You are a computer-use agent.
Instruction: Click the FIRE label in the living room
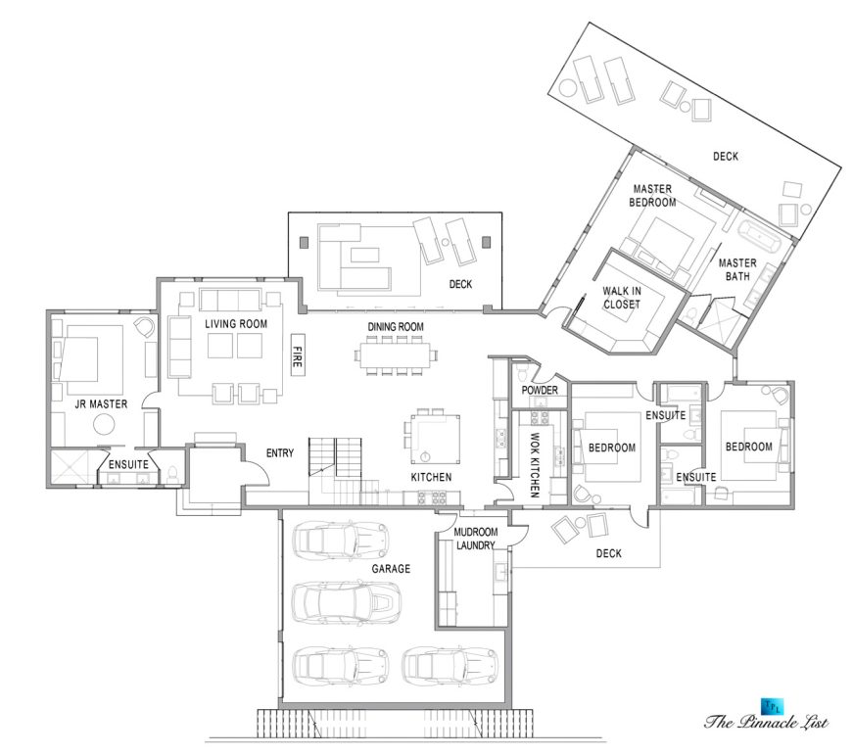(x=297, y=356)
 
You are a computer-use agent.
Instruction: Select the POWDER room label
(x=540, y=390)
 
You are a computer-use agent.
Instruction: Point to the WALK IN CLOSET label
(x=621, y=298)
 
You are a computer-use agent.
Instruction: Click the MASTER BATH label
(x=737, y=269)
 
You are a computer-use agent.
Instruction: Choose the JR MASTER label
(x=101, y=404)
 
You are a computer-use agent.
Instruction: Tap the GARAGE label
(x=391, y=569)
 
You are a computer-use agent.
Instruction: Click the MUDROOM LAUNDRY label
(x=475, y=539)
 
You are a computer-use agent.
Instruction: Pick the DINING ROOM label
(x=396, y=327)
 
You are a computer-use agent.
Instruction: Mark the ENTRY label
(x=280, y=452)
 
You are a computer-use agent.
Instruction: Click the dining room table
(x=395, y=355)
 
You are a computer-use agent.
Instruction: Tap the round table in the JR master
(x=104, y=425)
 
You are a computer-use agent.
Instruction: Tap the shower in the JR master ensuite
(x=72, y=467)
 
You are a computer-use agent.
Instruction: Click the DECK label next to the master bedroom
(x=726, y=157)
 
